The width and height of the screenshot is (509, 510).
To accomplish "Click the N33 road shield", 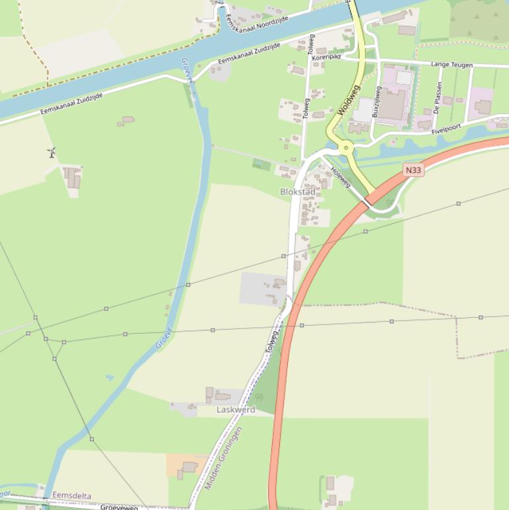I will (413, 170).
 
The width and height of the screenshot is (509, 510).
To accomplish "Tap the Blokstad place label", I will (297, 192).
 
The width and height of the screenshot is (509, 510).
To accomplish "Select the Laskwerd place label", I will (236, 410).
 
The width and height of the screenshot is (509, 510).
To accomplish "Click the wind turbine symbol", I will (51, 153).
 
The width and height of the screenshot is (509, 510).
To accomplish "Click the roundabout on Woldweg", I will (345, 148).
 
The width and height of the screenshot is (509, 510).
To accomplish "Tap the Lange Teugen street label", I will (451, 64).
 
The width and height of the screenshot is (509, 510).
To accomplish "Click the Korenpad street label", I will (326, 58).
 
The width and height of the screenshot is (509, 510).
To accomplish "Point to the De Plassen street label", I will (438, 97).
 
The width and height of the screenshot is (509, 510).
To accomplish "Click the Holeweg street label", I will (340, 176).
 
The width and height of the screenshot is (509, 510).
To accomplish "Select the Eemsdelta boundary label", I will (71, 495).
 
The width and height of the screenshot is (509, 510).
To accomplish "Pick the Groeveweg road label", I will (119, 507).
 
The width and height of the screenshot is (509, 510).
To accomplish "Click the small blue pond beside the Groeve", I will (109, 378).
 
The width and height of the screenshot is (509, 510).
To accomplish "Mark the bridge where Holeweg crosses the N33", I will (367, 201).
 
